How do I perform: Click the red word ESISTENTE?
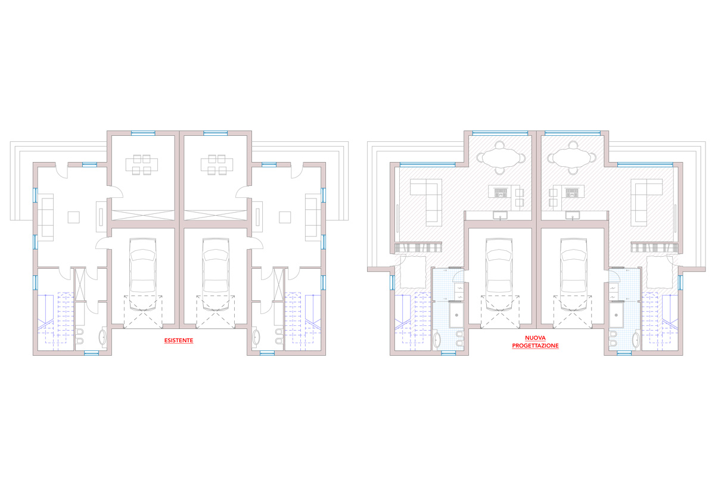179,341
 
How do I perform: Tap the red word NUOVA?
535,338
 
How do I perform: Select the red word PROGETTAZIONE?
535,346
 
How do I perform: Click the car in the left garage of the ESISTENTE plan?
142,275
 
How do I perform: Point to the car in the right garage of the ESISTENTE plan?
216,275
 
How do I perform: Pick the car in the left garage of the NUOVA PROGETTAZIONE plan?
499,275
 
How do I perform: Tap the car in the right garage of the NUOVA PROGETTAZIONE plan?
574,275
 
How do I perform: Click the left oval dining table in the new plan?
499,158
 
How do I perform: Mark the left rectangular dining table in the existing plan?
142,164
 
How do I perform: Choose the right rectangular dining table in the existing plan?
217,164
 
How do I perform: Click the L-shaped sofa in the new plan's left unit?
426,200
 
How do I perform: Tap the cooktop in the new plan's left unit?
500,192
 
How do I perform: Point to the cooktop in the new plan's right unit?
572,192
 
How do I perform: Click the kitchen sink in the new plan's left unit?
500,216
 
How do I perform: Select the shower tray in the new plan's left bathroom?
456,315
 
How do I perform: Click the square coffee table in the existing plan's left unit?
74,217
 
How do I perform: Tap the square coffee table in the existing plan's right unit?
285,217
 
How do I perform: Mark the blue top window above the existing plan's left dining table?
144,133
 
